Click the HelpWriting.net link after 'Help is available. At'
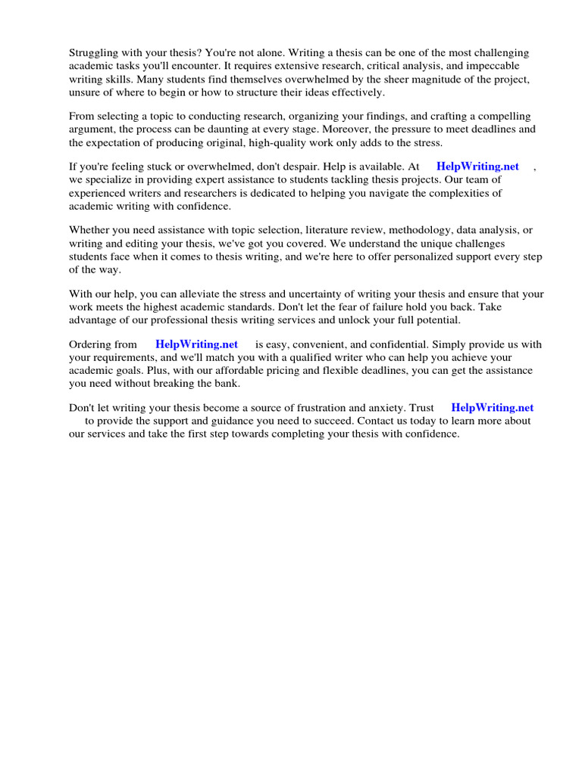[477, 167]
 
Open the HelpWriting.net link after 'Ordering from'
[196, 344]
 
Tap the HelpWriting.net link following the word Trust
[492, 408]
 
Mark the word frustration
[331, 408]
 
